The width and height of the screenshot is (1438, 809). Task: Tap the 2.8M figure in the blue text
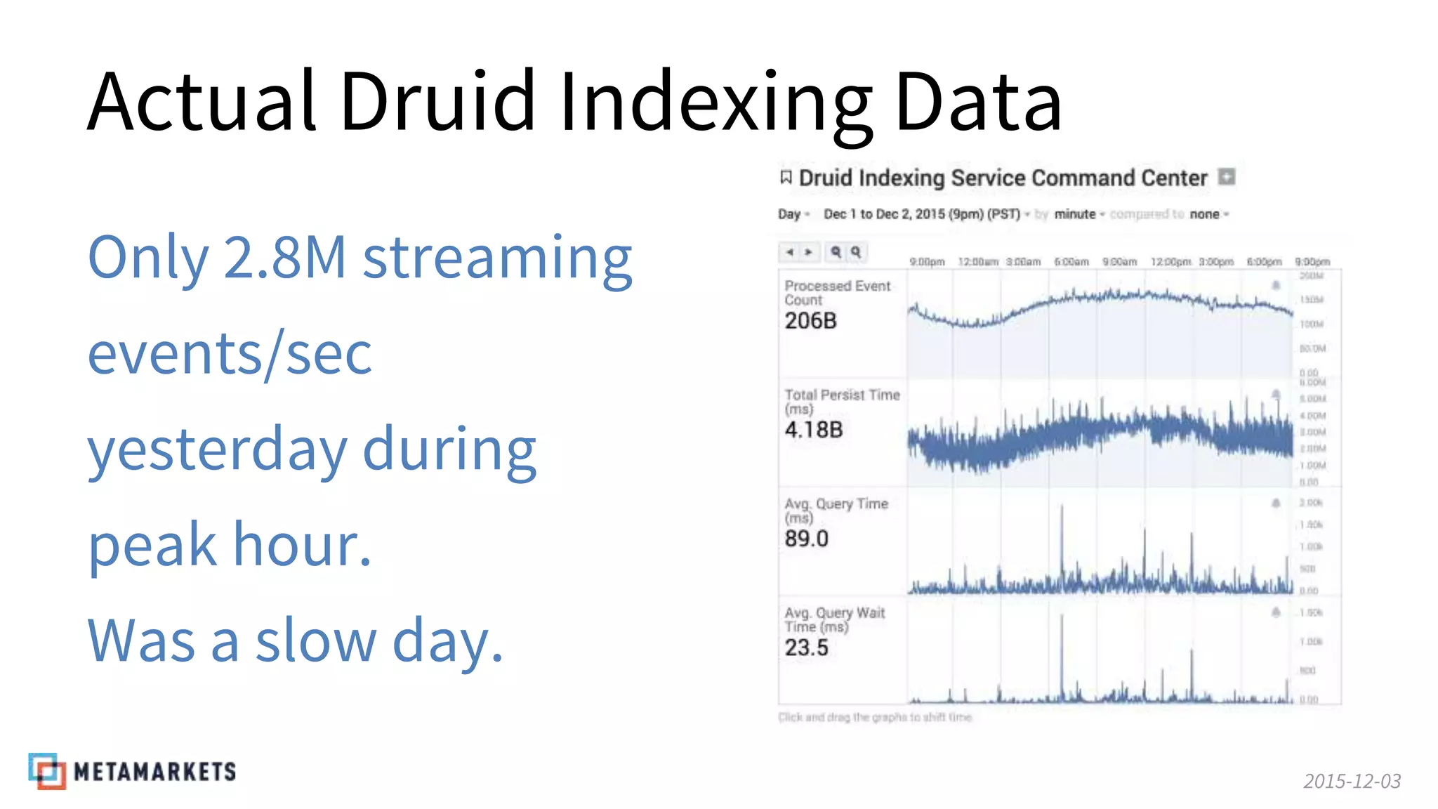[284, 258]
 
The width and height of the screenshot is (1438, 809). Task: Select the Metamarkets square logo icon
[47, 771]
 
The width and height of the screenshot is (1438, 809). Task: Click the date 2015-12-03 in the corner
[1352, 781]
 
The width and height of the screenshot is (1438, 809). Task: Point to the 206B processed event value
[811, 321]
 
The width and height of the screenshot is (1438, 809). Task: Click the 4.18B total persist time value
[814, 430]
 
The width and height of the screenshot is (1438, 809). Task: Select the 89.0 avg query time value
[807, 539]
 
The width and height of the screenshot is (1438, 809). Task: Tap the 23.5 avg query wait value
[807, 647]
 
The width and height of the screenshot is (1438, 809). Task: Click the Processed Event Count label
[837, 293]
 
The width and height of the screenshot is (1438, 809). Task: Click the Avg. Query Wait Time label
[834, 619]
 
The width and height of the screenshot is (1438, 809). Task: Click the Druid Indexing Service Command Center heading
[1003, 178]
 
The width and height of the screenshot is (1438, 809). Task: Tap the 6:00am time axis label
[1071, 262]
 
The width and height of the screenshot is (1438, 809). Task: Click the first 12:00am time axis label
[977, 262]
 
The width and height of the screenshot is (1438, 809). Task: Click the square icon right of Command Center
[1226, 177]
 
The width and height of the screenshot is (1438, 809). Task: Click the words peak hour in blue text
[230, 545]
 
